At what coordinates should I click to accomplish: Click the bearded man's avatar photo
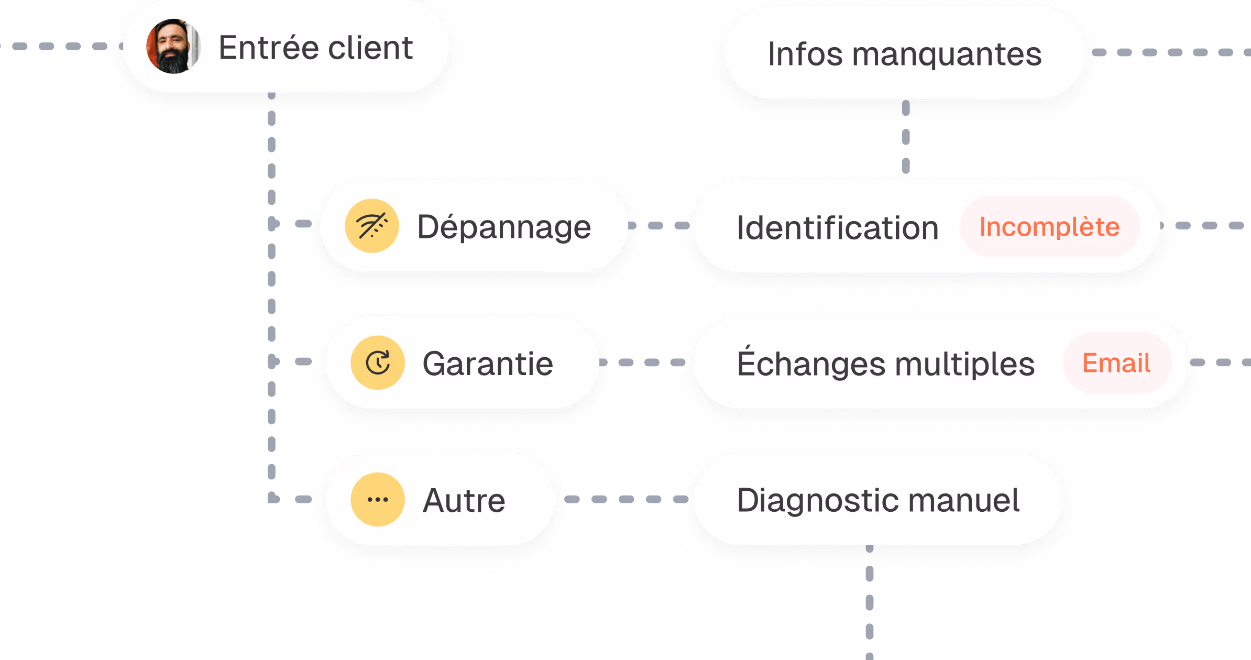173,47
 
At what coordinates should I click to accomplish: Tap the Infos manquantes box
905,53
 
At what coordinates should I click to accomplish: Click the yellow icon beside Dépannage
372,226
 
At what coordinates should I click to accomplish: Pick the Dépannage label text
504,227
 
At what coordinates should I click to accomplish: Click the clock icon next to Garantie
378,362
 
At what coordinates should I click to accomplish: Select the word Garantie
488,364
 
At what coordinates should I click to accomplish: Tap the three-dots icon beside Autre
378,499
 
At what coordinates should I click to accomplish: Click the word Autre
464,500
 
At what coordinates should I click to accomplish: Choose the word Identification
837,228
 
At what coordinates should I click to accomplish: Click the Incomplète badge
1049,227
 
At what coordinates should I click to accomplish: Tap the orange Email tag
1116,363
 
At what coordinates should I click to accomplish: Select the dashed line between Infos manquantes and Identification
906,137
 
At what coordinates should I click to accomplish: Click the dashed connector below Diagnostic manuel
870,602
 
